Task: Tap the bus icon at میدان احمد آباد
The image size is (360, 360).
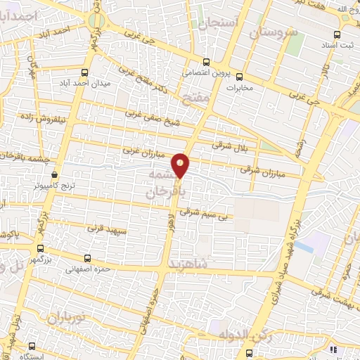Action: point(85,72)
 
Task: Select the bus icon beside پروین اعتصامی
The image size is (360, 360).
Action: point(206,61)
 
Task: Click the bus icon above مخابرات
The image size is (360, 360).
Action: point(239,77)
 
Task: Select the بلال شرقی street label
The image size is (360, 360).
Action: point(226,144)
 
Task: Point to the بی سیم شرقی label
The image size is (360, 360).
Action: point(205,210)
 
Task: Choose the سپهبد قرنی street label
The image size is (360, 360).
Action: point(105,229)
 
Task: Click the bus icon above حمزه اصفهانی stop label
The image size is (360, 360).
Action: point(88,258)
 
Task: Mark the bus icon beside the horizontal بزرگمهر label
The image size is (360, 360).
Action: point(40,248)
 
